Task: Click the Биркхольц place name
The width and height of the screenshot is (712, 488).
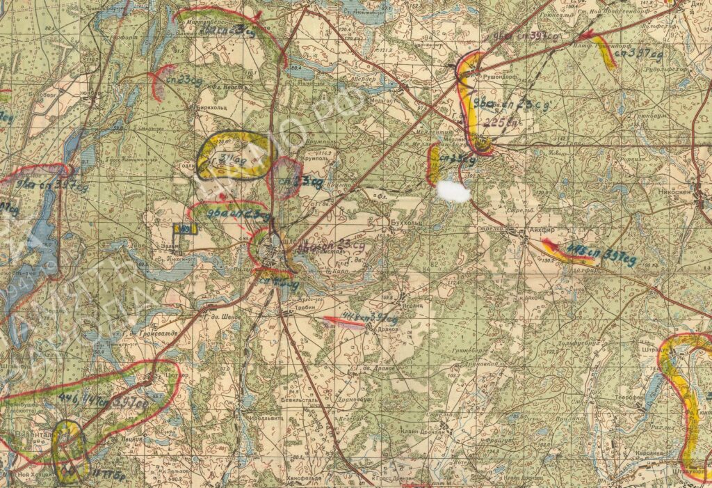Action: [208, 109]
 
